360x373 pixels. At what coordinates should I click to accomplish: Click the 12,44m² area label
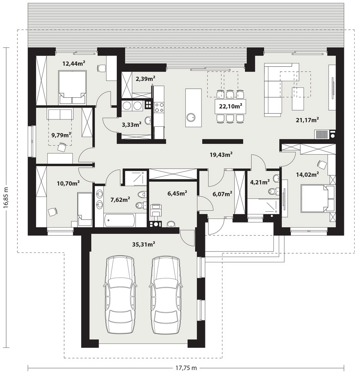click(x=74, y=63)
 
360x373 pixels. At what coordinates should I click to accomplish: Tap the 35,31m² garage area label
click(x=144, y=244)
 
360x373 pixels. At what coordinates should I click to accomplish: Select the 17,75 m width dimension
click(x=186, y=368)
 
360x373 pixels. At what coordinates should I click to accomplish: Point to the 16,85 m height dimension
click(x=6, y=197)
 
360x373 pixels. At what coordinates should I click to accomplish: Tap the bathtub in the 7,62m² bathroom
click(x=120, y=220)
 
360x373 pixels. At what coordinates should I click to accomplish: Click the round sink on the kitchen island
click(x=191, y=117)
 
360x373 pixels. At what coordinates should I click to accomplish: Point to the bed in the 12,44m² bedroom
click(x=72, y=87)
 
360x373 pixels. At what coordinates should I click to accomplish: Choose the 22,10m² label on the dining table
click(x=230, y=107)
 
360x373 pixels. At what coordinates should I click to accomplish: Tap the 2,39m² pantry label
click(x=145, y=78)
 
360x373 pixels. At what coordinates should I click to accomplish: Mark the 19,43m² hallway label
click(x=221, y=155)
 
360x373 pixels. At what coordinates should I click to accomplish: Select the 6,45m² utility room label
click(x=177, y=194)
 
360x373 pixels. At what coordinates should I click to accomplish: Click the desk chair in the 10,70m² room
click(x=53, y=211)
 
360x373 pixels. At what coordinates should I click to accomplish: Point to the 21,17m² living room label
click(x=307, y=120)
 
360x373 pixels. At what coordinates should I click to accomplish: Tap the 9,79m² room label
click(x=61, y=135)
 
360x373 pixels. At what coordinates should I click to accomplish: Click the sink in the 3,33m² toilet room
click(x=148, y=120)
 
